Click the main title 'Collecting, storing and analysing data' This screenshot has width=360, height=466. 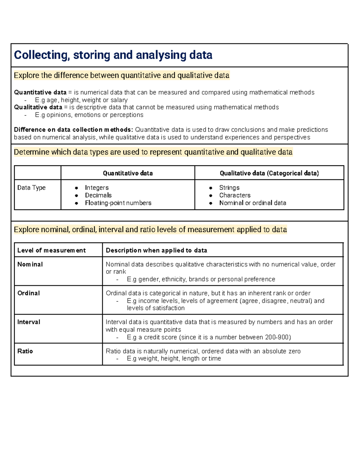click(x=113, y=55)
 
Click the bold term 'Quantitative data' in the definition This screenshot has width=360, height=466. click(x=40, y=92)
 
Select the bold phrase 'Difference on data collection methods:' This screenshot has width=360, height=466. click(x=73, y=130)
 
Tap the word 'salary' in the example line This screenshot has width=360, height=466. click(x=119, y=100)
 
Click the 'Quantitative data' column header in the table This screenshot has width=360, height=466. click(x=128, y=173)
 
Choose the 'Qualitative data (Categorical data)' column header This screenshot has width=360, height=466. click(x=269, y=173)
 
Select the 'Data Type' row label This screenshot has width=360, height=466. click(x=31, y=188)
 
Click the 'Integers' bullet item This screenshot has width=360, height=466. click(x=97, y=188)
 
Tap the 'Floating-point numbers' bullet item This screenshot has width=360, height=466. click(x=118, y=203)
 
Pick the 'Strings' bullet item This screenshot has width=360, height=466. click(x=229, y=188)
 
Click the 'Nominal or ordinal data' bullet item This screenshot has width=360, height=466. click(x=253, y=203)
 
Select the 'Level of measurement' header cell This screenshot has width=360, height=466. click(x=51, y=250)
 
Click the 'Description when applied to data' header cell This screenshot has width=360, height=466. click(x=156, y=250)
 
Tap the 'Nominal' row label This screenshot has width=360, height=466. click(x=30, y=264)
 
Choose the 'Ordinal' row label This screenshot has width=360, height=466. click(x=28, y=293)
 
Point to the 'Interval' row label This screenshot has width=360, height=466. click(x=28, y=322)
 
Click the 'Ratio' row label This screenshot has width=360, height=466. click(x=25, y=351)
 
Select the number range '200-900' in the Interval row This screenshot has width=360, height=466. click(x=277, y=337)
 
